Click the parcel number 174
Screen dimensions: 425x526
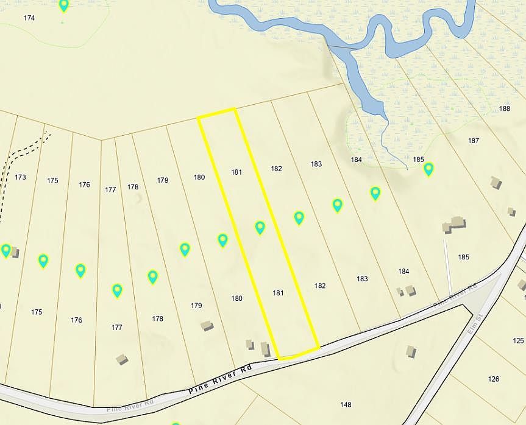pos(29,18)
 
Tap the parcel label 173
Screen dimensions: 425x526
pos(20,177)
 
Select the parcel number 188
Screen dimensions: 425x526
pos(504,108)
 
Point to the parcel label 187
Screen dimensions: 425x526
pos(473,141)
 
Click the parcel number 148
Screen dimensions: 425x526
pos(346,404)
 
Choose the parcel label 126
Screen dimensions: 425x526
pos(494,379)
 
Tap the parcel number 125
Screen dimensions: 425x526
pos(518,340)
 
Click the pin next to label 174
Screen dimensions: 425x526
pos(64,6)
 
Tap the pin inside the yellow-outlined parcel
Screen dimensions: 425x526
pos(260,228)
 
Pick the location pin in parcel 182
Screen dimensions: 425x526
pos(299,217)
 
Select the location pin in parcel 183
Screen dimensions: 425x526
pos(337,205)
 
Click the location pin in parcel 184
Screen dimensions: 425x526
pos(375,194)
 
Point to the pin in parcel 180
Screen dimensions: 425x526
pos(222,241)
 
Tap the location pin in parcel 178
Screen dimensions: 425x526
pos(152,277)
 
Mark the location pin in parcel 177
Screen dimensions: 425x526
pos(117,290)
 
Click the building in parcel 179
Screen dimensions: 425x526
pos(207,326)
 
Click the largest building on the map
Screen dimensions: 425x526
pos(454,225)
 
